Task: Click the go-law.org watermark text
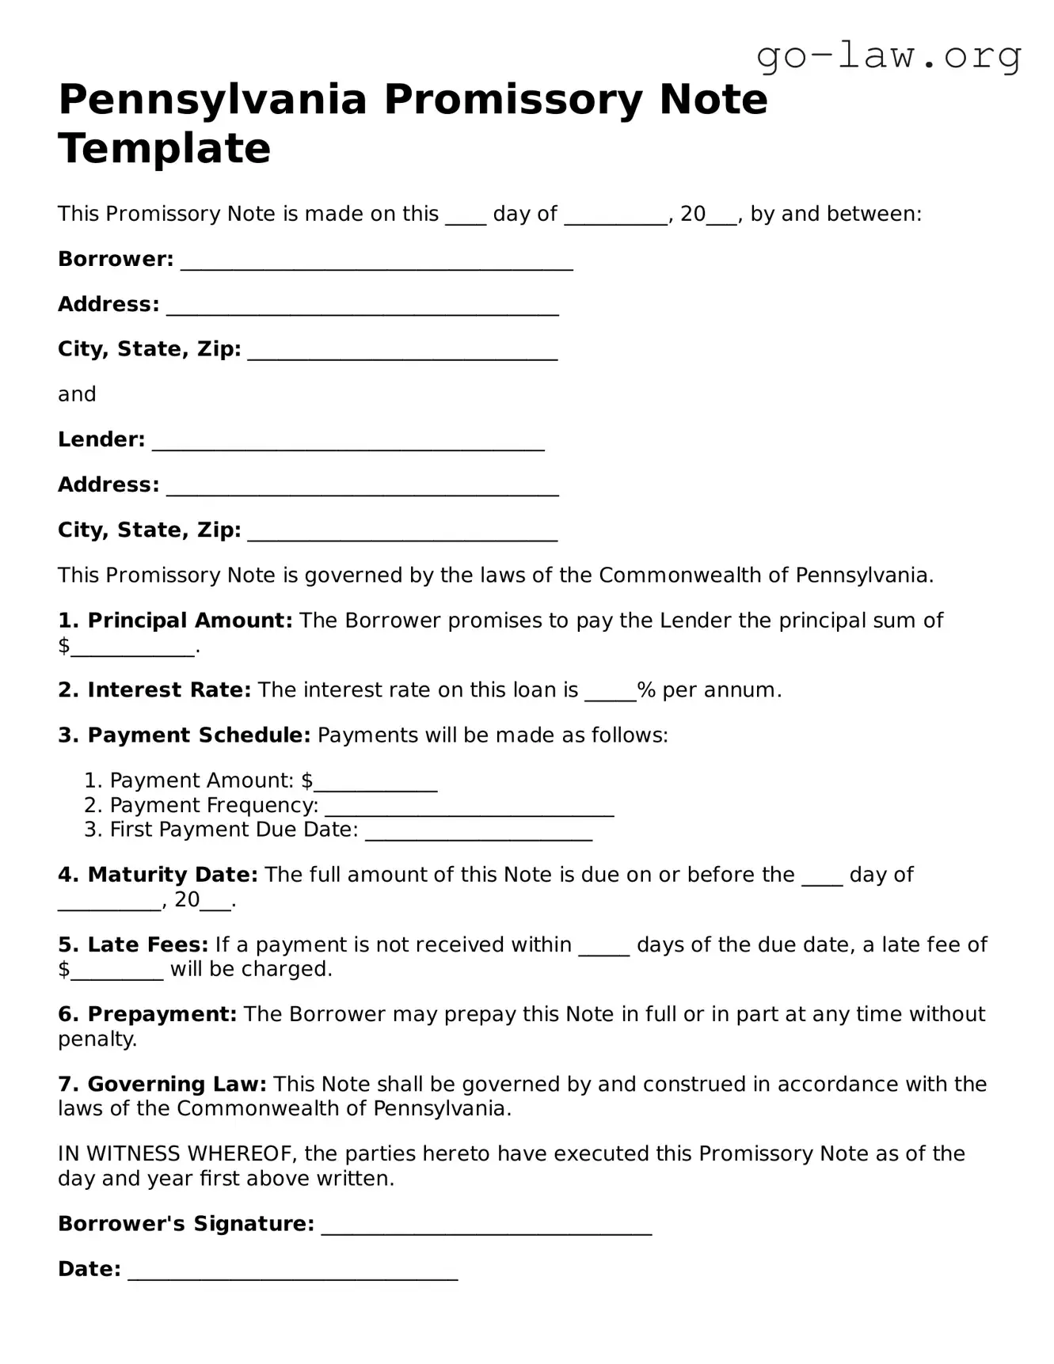point(888,55)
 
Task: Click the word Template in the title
point(165,149)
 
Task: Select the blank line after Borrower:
point(376,263)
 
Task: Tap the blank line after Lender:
point(348,443)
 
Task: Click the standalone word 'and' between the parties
point(77,394)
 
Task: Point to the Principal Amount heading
point(189,621)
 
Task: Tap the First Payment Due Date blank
point(478,833)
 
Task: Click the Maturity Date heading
point(172,875)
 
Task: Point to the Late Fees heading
point(147,944)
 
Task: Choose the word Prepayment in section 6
point(162,1014)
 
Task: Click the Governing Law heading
point(176,1084)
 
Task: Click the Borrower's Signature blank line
point(486,1228)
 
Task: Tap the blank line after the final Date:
point(292,1273)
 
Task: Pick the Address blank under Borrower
point(362,308)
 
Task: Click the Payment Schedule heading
point(198,735)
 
